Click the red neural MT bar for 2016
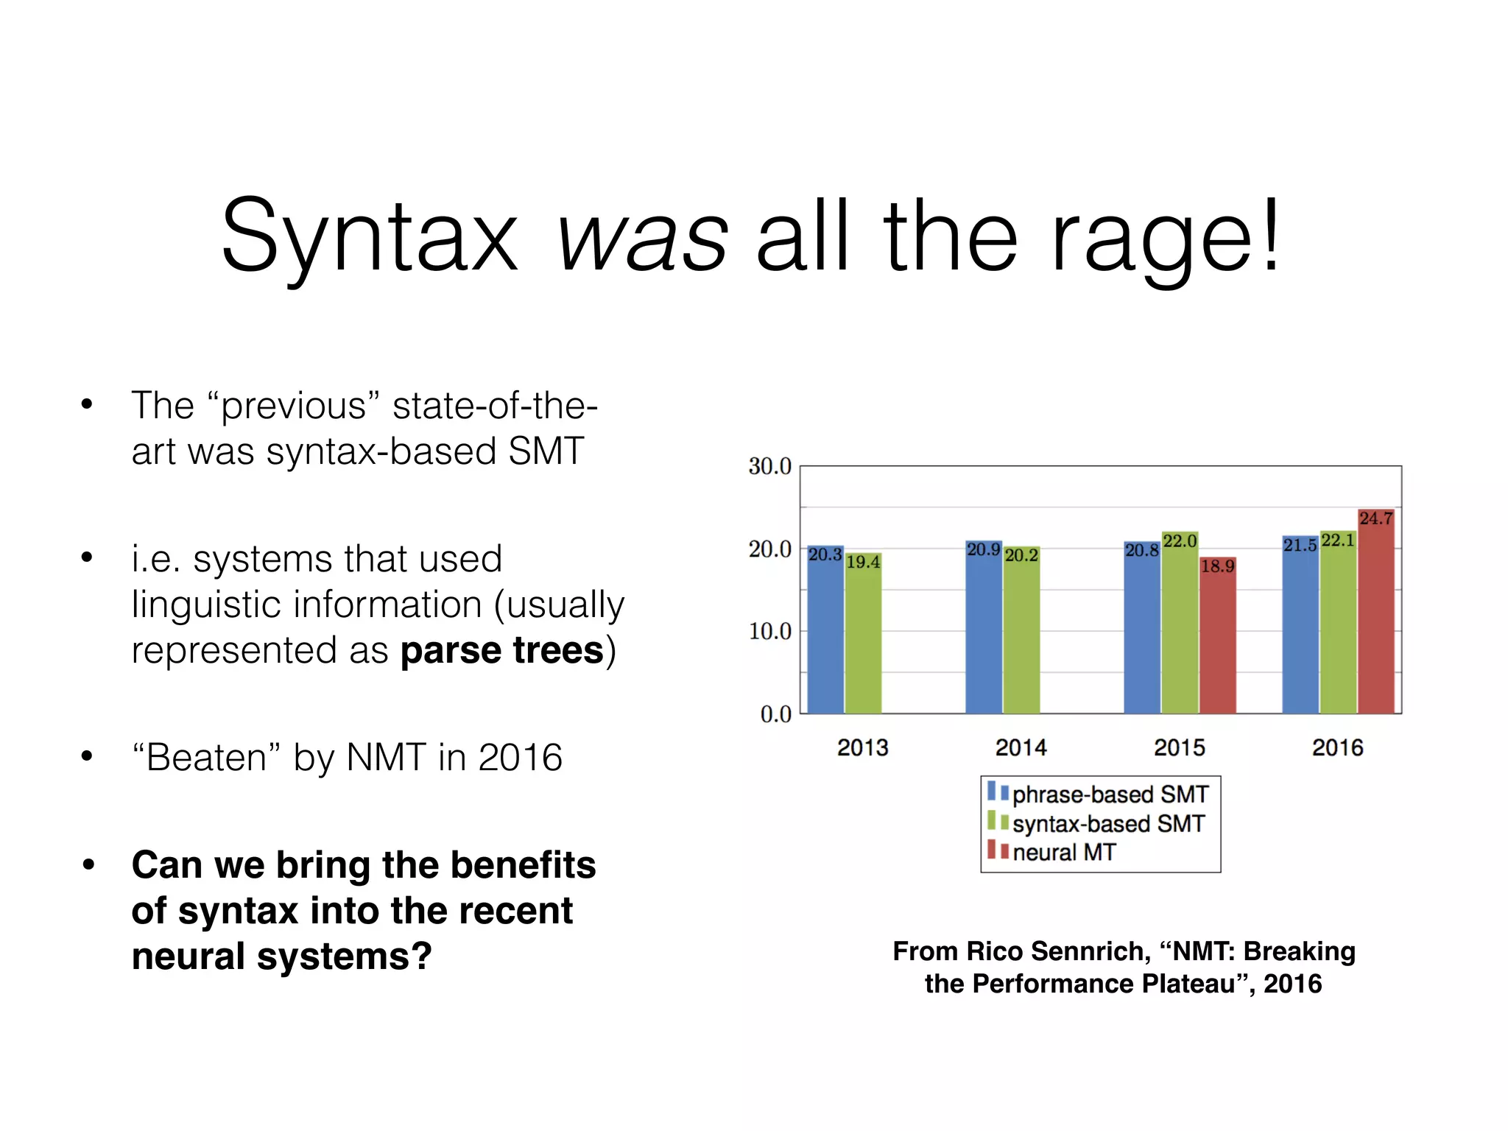pos(1375,619)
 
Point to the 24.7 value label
pos(1375,518)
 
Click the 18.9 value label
pos(1217,566)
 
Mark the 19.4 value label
pos(863,563)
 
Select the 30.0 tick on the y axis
pos(769,466)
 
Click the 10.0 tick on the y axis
pos(769,631)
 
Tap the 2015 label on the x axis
pos(1180,748)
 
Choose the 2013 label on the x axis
pos(863,748)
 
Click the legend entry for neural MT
pos(1063,853)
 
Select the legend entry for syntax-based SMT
pos(1107,823)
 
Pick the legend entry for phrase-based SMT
pos(1110,794)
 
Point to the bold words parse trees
pos(502,651)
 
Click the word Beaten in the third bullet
pos(206,758)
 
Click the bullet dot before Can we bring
pos(88,864)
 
